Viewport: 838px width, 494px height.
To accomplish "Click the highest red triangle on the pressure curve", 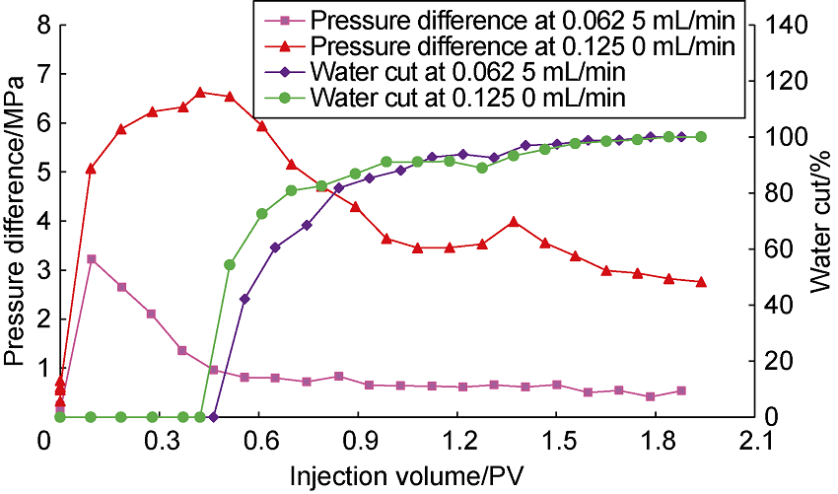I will [x=200, y=92].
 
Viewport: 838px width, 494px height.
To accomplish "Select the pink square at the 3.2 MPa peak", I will [x=91, y=259].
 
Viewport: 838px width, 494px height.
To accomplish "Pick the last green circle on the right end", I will [x=701, y=137].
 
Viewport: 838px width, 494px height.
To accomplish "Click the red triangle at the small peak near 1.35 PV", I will [x=513, y=222].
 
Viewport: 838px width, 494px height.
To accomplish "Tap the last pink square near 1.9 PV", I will [x=680, y=390].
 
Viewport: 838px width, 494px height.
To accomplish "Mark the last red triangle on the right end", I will [x=701, y=282].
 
